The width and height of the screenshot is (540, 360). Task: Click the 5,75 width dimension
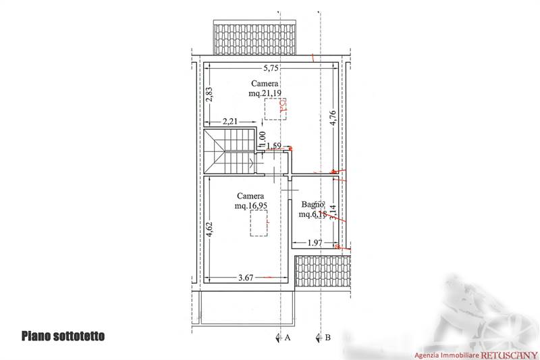coord(271,68)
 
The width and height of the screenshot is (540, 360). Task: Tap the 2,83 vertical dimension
coord(210,95)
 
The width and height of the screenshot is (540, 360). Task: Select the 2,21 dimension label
coord(231,122)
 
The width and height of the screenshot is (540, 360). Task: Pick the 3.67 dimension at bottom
coord(248,277)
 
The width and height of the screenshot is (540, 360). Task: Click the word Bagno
coord(313,205)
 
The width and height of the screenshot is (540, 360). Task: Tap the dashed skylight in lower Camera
coord(259,222)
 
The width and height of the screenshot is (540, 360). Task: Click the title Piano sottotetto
coord(63,336)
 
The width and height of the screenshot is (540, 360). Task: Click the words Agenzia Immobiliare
coord(446,355)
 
